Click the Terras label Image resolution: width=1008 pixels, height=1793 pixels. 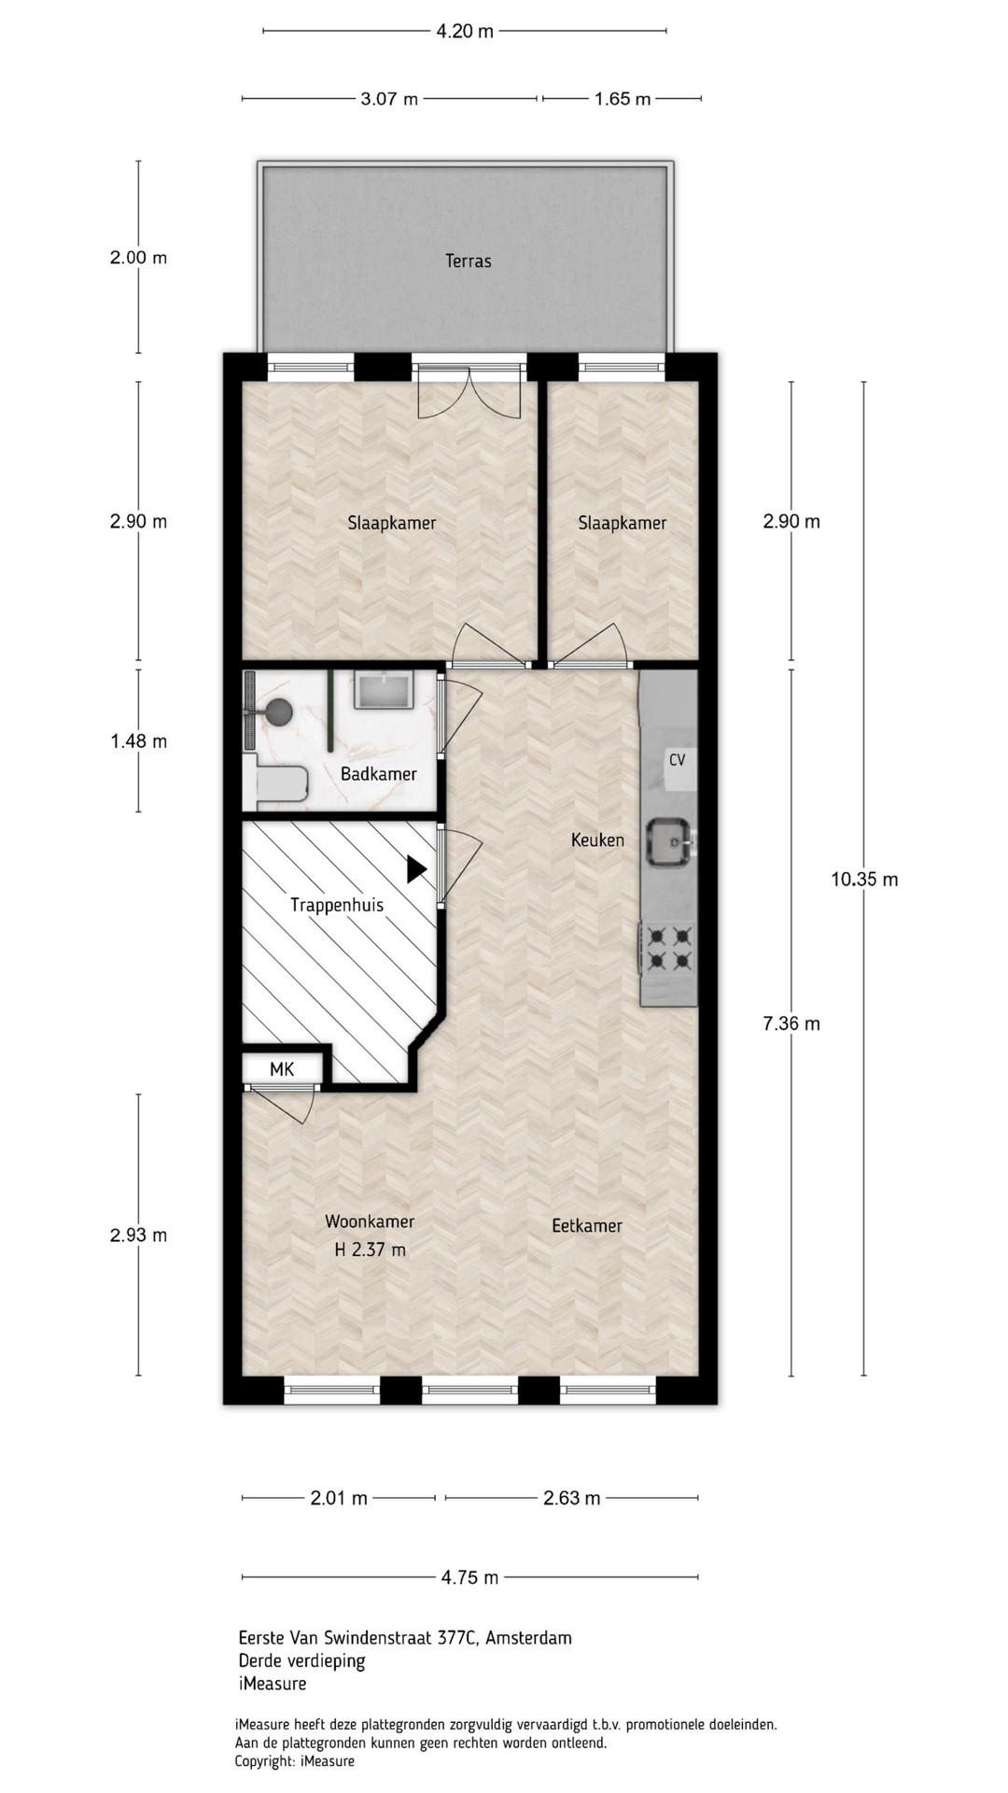(x=468, y=261)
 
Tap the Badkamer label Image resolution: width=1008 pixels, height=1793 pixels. (x=378, y=774)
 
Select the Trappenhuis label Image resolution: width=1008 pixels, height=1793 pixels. (x=336, y=905)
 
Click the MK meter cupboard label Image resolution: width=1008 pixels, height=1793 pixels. (x=282, y=1069)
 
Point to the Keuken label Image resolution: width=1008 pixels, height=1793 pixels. (x=597, y=840)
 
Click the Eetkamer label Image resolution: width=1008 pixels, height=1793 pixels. (x=586, y=1226)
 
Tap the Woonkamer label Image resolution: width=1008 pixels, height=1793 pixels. (x=370, y=1221)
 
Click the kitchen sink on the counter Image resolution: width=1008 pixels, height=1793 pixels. (x=670, y=842)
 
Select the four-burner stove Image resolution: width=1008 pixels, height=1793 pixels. (x=668, y=949)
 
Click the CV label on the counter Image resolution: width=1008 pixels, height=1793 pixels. (x=677, y=760)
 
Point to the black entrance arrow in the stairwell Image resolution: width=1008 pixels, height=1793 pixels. (x=416, y=869)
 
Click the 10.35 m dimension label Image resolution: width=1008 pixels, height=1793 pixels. (x=864, y=879)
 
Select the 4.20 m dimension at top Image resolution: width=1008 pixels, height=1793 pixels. (x=465, y=31)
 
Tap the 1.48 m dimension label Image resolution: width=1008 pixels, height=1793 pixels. (x=138, y=741)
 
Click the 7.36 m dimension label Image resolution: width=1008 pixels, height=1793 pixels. (x=791, y=1024)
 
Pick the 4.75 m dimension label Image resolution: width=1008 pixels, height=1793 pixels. (x=469, y=1577)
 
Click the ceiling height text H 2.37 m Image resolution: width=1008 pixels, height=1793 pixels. (x=370, y=1249)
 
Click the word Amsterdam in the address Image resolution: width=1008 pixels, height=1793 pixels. (x=529, y=1637)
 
